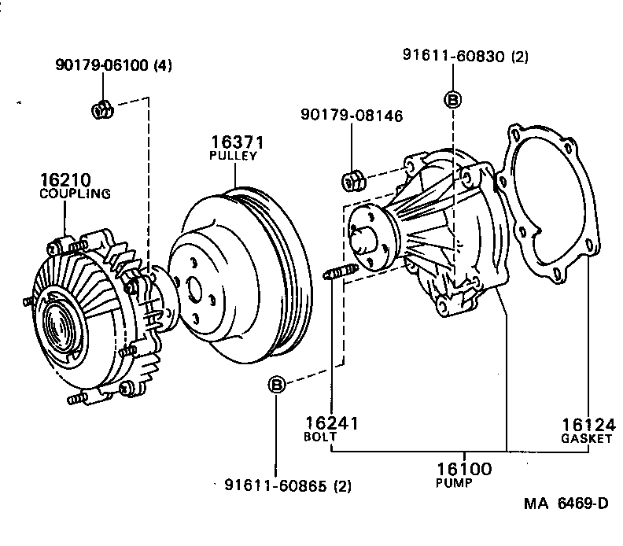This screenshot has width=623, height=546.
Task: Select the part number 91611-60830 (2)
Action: [466, 56]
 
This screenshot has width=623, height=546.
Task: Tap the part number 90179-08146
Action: [352, 116]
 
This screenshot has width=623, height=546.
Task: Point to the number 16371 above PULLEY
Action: [236, 142]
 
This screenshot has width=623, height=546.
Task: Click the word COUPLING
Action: [75, 193]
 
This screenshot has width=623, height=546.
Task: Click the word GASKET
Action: [587, 438]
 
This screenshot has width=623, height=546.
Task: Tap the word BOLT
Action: [321, 436]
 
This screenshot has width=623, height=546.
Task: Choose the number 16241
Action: [332, 423]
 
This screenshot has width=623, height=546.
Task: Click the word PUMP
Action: [454, 483]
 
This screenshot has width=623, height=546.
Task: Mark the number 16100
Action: [463, 470]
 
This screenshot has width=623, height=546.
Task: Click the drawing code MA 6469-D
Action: [566, 504]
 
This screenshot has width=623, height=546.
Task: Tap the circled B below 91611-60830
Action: [453, 99]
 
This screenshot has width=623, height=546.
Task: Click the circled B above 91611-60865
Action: [277, 385]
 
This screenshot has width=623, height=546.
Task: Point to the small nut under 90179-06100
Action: [101, 109]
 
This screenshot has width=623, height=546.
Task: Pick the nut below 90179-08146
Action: [352, 179]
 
